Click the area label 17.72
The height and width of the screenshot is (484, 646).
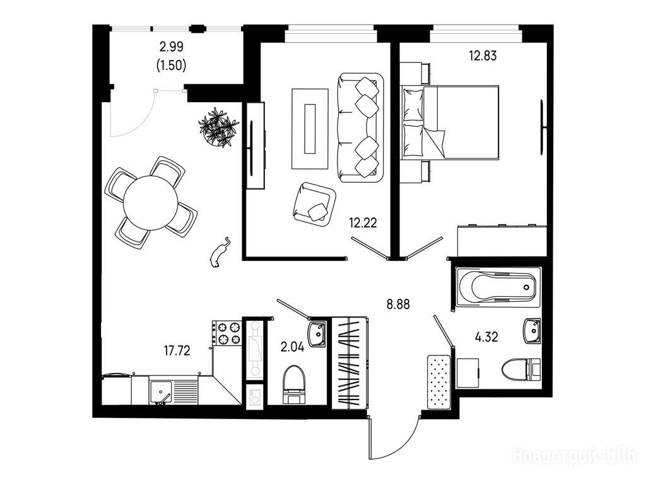point(177,350)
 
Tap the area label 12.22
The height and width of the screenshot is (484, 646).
point(363,223)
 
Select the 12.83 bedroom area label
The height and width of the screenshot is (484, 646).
point(483,55)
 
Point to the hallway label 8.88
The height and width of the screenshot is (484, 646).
point(398,304)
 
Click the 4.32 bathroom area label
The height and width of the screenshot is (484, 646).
point(486,337)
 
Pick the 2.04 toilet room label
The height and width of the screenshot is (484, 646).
point(293,347)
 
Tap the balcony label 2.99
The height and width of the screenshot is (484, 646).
point(172,47)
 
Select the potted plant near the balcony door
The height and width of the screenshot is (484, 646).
point(219,127)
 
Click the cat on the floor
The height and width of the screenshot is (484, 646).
point(220,253)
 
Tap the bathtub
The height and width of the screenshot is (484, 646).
point(498,287)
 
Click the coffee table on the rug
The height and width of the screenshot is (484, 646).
point(310,129)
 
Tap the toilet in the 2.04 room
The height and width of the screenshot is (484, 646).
point(294,384)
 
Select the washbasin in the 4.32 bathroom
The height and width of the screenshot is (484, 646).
point(532,330)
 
